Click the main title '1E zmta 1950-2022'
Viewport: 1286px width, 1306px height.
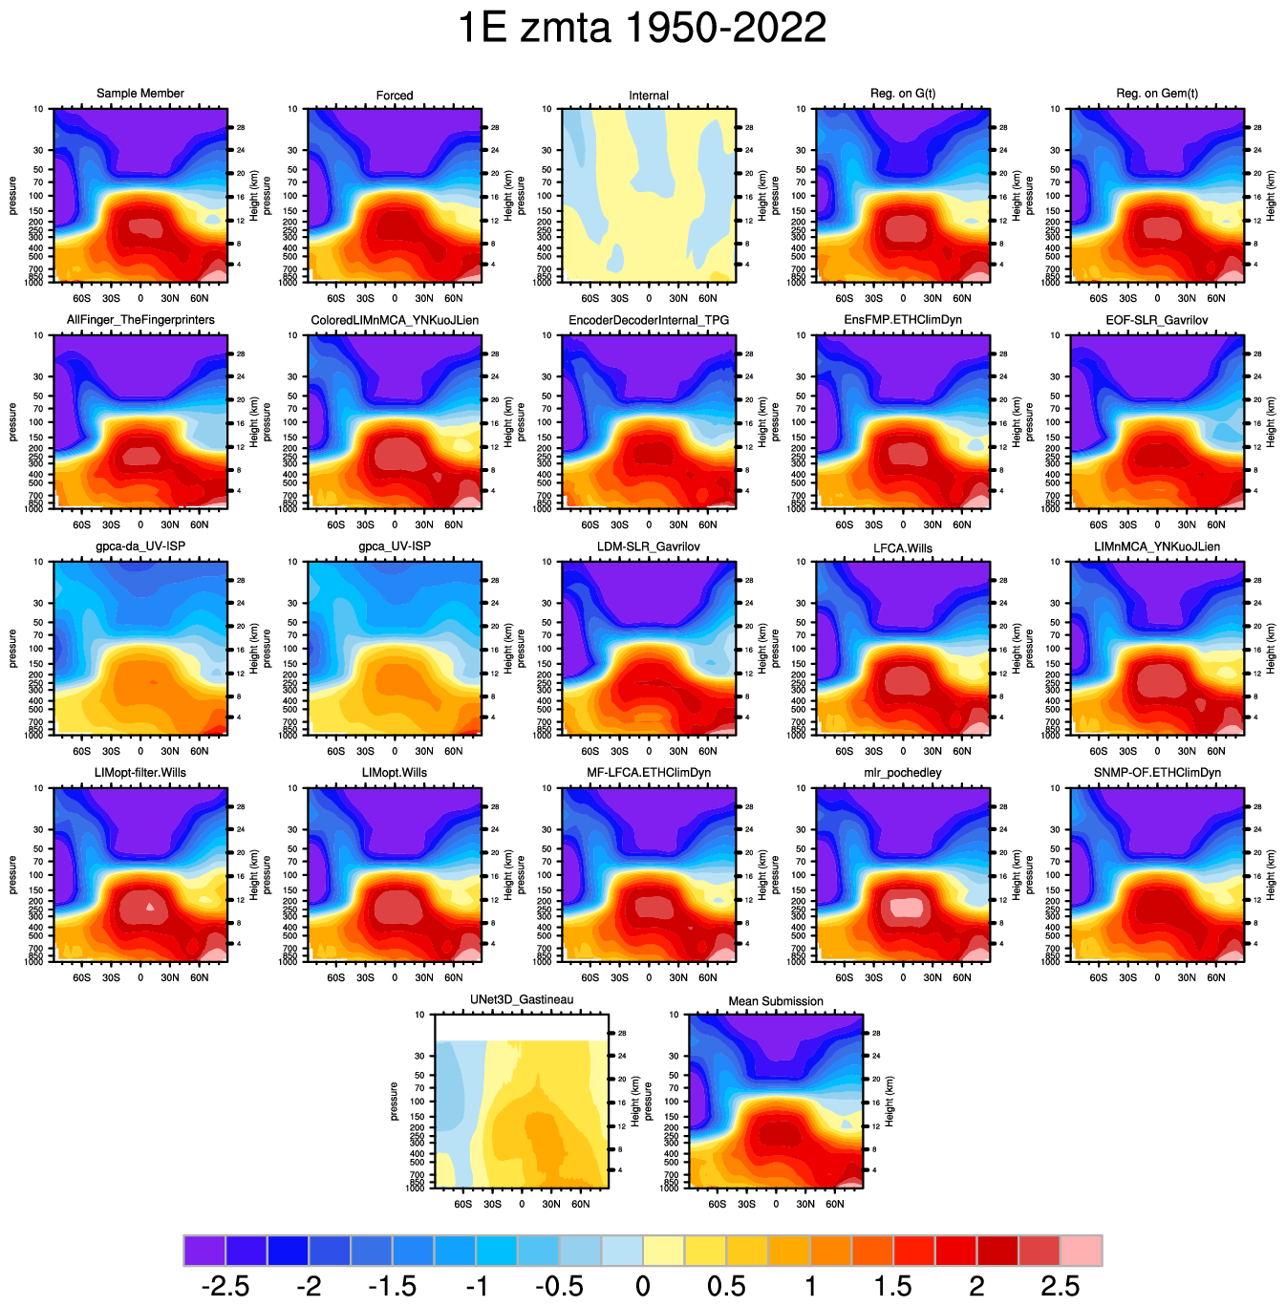click(x=642, y=29)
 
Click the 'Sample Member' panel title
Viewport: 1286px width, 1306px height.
click(x=140, y=94)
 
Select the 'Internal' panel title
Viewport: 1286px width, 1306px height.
click(x=649, y=96)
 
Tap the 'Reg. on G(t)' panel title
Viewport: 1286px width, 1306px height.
click(x=903, y=94)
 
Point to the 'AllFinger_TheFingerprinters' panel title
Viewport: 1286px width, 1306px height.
click(x=140, y=320)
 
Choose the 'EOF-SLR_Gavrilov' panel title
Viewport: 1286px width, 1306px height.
click(x=1157, y=320)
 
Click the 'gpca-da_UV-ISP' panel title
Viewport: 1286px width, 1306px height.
click(x=140, y=546)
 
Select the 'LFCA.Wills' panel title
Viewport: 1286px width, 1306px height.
click(x=903, y=547)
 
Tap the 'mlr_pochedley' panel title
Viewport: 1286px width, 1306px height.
click(x=903, y=773)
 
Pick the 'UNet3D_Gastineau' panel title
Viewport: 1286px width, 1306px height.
click(x=522, y=999)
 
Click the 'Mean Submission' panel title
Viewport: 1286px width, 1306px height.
click(x=776, y=1001)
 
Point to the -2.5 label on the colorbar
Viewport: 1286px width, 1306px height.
click(x=226, y=1286)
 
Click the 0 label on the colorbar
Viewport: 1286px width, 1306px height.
click(x=643, y=1286)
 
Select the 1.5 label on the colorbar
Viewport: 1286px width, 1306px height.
click(x=892, y=1286)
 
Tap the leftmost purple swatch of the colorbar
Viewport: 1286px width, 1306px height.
click(x=204, y=1250)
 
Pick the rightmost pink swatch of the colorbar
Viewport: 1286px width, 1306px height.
click(x=1082, y=1250)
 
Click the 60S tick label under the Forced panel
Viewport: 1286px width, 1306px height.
click(x=335, y=298)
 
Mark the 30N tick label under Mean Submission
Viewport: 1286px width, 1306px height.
click(x=805, y=1204)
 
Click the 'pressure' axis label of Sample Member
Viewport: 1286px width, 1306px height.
click(x=12, y=195)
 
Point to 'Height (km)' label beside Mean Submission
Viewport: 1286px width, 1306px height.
click(x=889, y=1101)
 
